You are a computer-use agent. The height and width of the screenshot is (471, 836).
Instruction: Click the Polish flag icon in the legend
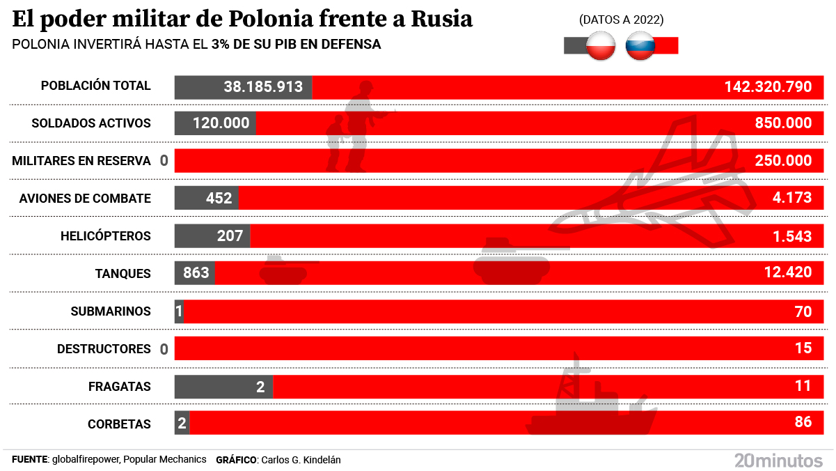point(601,46)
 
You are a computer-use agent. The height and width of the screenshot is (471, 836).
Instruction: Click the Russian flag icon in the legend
point(640,46)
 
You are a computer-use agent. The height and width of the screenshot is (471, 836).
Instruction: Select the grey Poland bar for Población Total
point(243,86)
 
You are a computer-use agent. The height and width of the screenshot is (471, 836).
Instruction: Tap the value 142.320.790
point(768,86)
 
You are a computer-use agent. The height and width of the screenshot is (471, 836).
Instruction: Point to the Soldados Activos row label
point(91,123)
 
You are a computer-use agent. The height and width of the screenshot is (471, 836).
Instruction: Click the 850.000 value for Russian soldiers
point(782,123)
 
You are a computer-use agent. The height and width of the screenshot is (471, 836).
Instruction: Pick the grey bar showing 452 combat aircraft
point(207,198)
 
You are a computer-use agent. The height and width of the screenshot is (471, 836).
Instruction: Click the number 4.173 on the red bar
point(791,198)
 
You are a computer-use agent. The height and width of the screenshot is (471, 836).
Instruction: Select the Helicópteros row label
point(105,235)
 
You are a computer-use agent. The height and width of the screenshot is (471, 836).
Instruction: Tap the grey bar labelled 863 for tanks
point(195,272)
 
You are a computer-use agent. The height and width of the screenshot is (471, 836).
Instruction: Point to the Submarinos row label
point(111,311)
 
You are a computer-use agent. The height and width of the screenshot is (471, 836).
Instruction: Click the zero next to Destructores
point(164,349)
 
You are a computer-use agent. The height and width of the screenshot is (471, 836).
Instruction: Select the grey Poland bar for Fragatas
point(223,386)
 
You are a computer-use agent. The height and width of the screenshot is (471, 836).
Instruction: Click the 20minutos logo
point(778,459)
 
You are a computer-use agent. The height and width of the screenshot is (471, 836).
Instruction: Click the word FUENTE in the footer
point(29,460)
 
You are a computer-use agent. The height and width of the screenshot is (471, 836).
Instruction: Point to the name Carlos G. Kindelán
point(301,460)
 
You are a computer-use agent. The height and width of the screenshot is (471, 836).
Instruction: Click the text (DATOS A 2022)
point(621,20)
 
